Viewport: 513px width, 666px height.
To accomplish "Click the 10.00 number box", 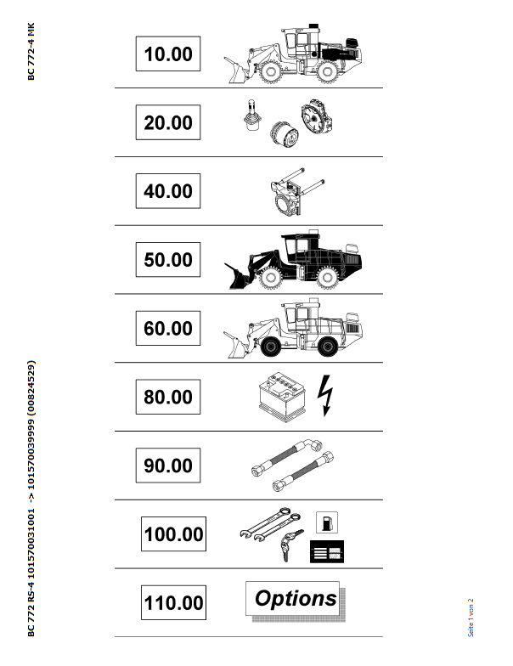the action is [x=168, y=54].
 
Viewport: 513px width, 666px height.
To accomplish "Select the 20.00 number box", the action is [x=168, y=122].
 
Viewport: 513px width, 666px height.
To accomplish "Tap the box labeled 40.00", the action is [x=168, y=190].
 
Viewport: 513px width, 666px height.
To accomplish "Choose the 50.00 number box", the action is [x=168, y=260].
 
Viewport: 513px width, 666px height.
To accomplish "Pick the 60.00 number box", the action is [x=168, y=328].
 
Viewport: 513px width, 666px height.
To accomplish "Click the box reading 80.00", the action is [x=168, y=397].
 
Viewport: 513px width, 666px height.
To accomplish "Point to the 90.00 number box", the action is [x=168, y=466].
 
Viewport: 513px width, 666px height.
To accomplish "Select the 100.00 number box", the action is [x=173, y=533].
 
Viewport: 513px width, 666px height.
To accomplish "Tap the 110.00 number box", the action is [x=173, y=602].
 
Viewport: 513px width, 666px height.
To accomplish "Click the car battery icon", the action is [x=282, y=397].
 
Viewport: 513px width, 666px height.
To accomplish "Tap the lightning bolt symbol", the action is [x=325, y=396].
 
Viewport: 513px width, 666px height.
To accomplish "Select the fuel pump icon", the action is [x=327, y=522].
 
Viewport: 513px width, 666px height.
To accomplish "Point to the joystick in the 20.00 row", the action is [x=251, y=116].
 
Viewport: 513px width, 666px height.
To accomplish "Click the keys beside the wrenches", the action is [x=290, y=545].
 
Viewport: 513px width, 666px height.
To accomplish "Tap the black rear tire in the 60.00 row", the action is [x=328, y=347].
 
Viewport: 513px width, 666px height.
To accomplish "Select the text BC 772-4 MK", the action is [x=31, y=51].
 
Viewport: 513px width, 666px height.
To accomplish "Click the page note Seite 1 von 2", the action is [x=471, y=618].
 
